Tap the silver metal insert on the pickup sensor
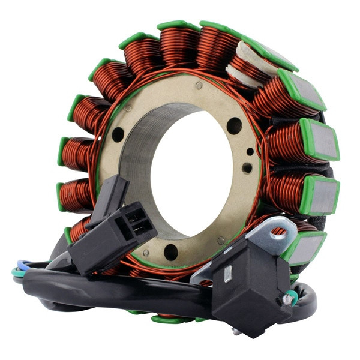point(227,274)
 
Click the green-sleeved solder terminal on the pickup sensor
point(291,295)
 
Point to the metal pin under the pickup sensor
point(237,332)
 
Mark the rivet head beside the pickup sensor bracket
point(221,240)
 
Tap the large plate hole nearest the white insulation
point(234,126)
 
